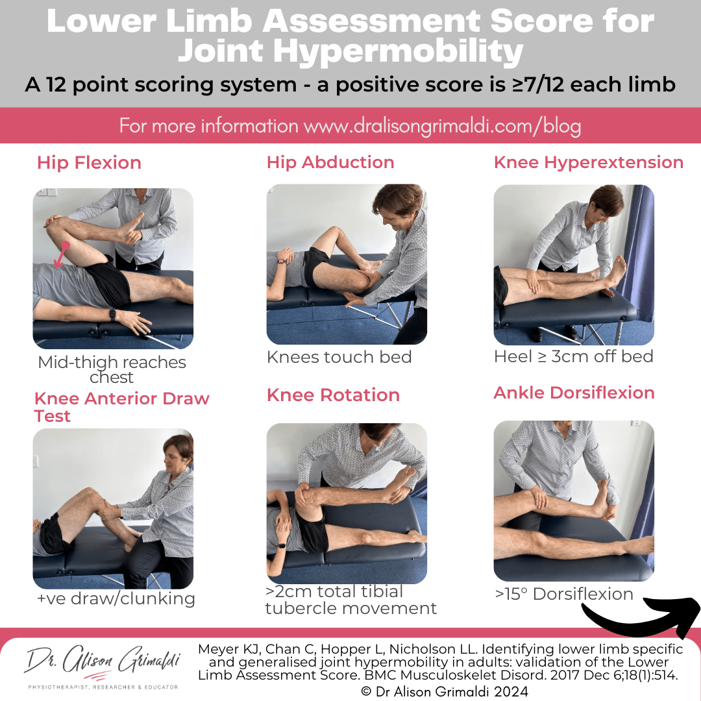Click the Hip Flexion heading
pos(89,162)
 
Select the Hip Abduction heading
pos(330,162)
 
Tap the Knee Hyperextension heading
pos(588,162)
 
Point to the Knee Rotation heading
pos(333,395)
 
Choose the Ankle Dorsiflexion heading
pos(574,393)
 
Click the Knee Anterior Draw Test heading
pos(121,407)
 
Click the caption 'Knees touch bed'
pos(339,357)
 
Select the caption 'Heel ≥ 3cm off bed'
pos(573,356)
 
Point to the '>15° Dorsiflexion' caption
pos(563,594)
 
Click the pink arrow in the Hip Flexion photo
pos(61,254)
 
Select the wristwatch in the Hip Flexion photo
pos(112,314)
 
